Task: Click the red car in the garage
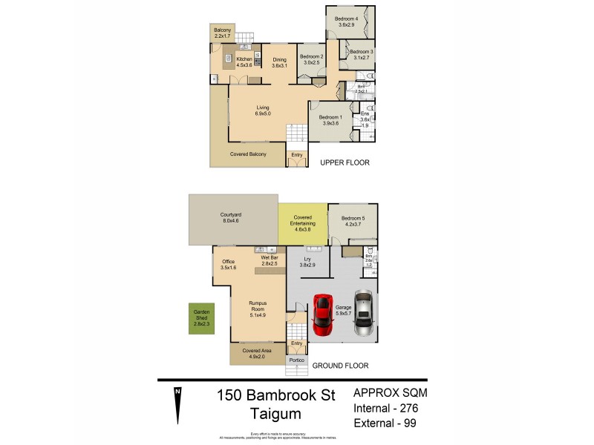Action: [322, 313]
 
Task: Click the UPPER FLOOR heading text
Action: [344, 162]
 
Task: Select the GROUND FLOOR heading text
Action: [340, 366]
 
